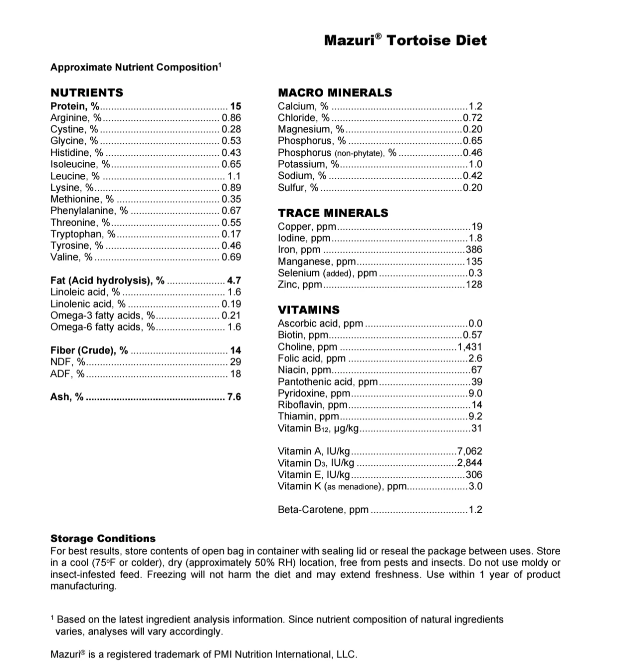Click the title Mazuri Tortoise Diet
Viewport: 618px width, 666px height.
point(405,40)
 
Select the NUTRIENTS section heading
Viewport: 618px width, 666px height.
point(87,92)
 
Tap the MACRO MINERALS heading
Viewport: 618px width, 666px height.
point(335,92)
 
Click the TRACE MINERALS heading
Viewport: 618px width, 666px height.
point(333,213)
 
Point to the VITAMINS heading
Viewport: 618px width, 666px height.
point(308,310)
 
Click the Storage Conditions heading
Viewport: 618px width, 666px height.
point(103,538)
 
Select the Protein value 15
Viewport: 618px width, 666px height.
point(235,106)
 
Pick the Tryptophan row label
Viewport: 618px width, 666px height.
point(83,234)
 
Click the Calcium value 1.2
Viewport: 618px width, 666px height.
point(475,106)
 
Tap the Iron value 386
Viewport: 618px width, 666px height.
point(473,250)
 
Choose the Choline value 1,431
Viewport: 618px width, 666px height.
point(470,346)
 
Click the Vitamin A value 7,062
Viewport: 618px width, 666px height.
point(469,451)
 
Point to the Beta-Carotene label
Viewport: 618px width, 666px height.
point(323,510)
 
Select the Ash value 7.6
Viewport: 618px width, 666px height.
point(234,397)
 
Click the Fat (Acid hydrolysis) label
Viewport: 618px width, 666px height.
point(107,280)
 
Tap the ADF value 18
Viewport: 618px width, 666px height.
point(235,373)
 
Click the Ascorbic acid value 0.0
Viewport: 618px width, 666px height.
point(475,324)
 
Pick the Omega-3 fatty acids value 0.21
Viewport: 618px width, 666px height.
point(231,315)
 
